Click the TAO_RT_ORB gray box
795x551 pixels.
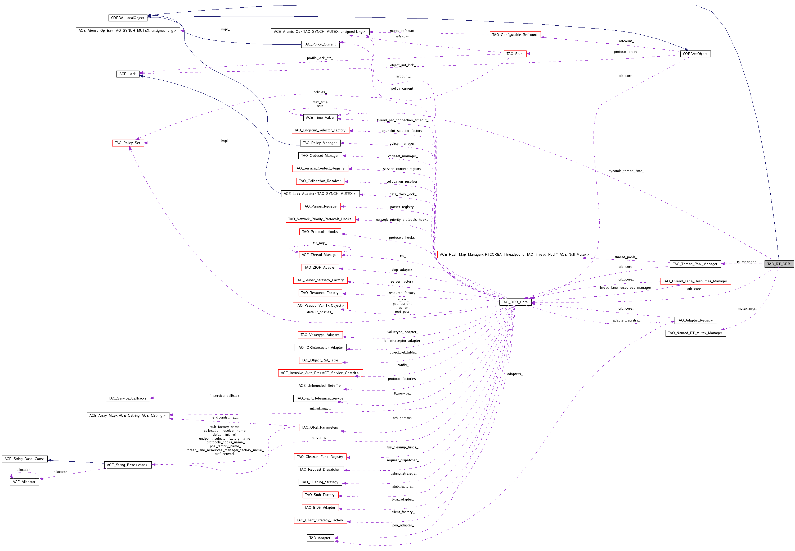(x=778, y=264)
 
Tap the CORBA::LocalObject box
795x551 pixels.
(x=128, y=18)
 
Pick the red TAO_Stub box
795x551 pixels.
(x=514, y=54)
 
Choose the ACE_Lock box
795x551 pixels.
(x=128, y=74)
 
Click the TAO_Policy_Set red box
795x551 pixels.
(x=128, y=143)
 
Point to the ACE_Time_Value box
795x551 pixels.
(x=320, y=117)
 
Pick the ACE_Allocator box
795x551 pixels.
(x=24, y=482)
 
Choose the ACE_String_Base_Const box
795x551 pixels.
(x=24, y=459)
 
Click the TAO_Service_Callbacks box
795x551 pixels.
(x=128, y=398)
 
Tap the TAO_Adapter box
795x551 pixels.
(x=320, y=538)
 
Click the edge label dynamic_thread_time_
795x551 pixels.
(x=626, y=171)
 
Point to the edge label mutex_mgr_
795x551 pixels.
(x=747, y=308)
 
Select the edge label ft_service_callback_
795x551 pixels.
(x=225, y=396)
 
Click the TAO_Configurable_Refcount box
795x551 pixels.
(x=514, y=35)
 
